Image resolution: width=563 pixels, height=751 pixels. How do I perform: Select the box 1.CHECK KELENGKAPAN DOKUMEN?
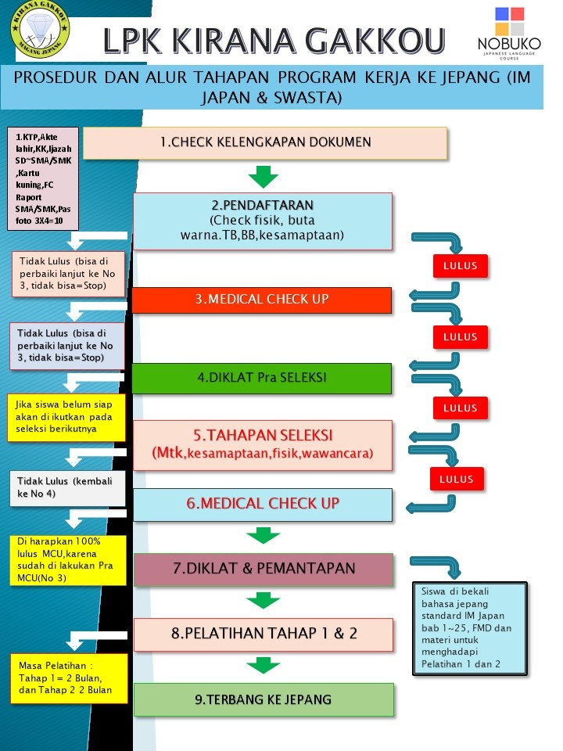click(x=265, y=142)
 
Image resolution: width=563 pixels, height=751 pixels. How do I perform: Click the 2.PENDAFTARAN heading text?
click(x=262, y=204)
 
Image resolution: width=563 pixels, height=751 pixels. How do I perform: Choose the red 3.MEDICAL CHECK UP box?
click(x=261, y=300)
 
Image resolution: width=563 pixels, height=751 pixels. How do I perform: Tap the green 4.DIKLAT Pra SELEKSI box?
click(x=261, y=378)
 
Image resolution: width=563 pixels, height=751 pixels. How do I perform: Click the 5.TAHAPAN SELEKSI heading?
click(x=263, y=435)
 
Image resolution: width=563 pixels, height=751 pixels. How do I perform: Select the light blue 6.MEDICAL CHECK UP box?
click(x=262, y=504)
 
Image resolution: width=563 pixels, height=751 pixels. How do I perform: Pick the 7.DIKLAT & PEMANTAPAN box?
click(x=263, y=569)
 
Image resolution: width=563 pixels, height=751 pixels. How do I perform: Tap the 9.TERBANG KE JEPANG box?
click(x=263, y=699)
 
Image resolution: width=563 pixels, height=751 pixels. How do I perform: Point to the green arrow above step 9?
click(x=263, y=666)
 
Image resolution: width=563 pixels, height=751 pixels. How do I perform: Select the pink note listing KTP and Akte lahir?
click(x=42, y=179)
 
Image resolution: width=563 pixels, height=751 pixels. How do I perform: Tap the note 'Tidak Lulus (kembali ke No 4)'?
click(x=66, y=488)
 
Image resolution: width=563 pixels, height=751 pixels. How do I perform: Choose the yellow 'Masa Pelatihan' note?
click(x=67, y=678)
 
